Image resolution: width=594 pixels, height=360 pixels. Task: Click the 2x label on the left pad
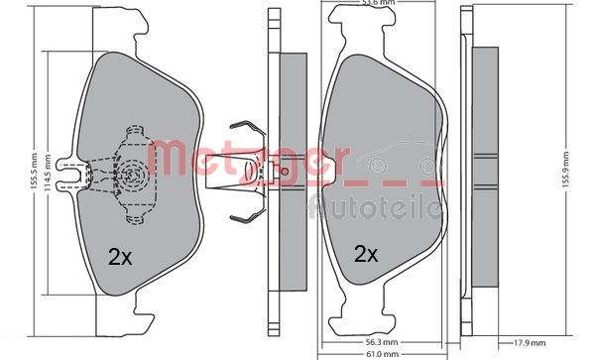(x=119, y=256)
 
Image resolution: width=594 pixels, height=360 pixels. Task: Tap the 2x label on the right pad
(x=366, y=253)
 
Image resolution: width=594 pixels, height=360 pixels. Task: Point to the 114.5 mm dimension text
(x=48, y=176)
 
